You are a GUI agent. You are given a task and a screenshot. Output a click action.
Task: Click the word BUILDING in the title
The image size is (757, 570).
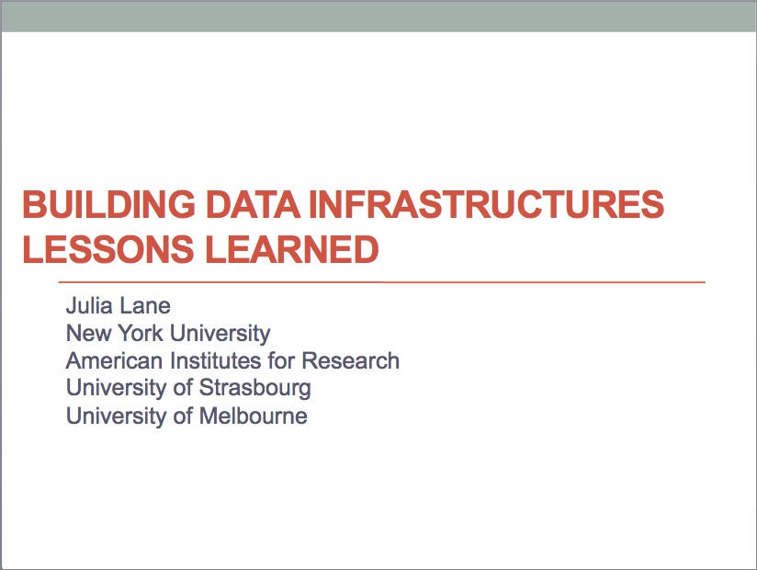click(108, 204)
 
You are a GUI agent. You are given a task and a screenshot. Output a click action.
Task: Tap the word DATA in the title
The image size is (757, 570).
click(253, 204)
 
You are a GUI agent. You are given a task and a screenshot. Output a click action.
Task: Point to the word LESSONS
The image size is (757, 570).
click(107, 249)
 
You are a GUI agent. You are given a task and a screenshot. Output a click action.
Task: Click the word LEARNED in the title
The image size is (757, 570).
click(291, 249)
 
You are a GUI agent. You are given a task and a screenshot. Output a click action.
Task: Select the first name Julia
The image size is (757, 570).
click(89, 306)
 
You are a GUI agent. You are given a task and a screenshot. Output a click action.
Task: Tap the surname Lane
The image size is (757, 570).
click(145, 306)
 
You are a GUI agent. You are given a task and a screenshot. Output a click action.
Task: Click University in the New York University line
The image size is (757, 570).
click(220, 335)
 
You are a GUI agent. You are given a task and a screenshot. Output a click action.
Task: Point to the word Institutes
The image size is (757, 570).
click(216, 360)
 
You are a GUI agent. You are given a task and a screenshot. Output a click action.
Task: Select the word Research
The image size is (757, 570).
click(351, 360)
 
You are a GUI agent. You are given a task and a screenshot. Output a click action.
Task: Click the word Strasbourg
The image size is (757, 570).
click(254, 389)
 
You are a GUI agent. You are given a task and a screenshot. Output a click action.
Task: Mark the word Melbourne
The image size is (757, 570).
click(254, 416)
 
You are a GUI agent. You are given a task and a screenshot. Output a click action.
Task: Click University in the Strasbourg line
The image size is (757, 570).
click(117, 389)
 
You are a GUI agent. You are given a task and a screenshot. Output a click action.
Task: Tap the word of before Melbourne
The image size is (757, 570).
click(183, 416)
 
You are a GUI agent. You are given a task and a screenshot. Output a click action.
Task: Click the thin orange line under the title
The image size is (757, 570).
click(382, 281)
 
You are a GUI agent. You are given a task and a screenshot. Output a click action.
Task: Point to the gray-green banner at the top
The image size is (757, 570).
click(378, 16)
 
